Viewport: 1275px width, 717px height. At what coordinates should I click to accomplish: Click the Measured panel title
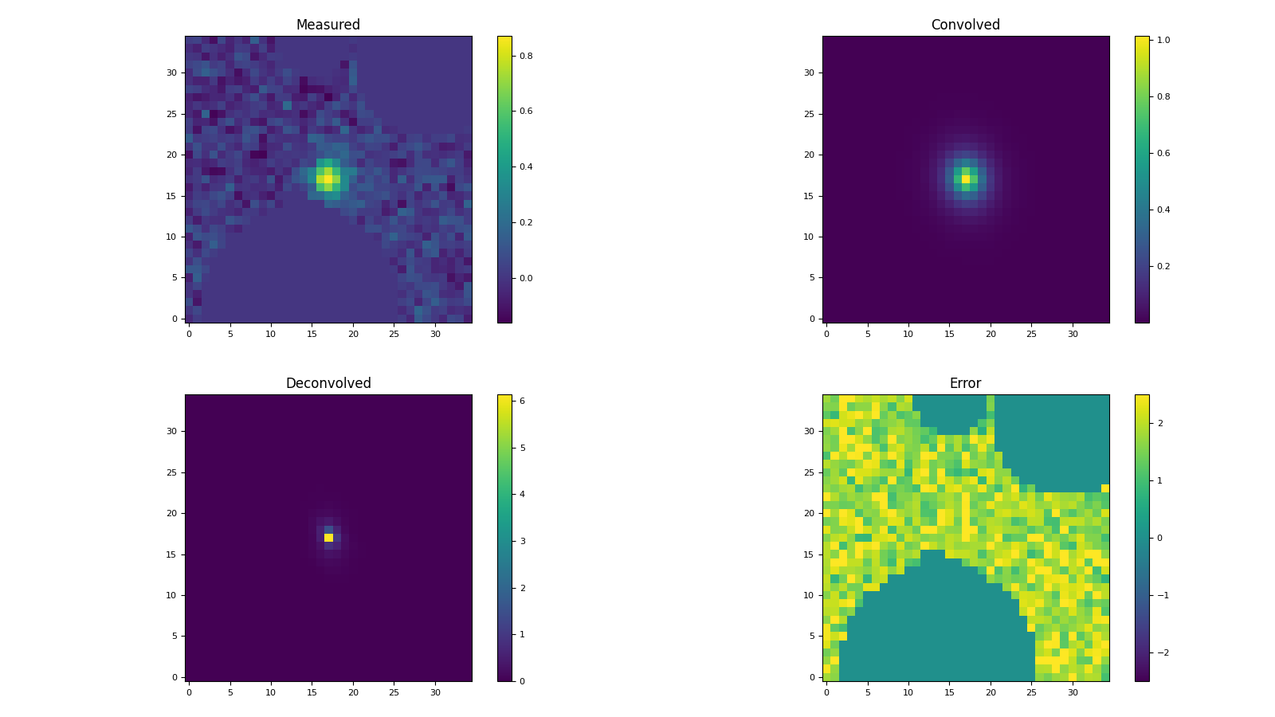click(328, 25)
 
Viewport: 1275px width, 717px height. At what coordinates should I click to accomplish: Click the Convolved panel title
click(965, 25)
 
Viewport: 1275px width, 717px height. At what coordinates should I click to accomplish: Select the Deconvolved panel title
click(328, 383)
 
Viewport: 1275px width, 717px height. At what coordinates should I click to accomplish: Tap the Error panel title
click(965, 383)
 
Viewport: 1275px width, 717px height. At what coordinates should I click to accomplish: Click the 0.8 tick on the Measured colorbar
click(526, 56)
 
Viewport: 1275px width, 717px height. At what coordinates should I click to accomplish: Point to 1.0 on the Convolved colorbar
click(1163, 40)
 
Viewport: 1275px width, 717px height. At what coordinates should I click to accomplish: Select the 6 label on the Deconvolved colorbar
click(523, 401)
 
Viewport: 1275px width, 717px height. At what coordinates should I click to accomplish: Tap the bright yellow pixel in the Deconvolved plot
click(328, 538)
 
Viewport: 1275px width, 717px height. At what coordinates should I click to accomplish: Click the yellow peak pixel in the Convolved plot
click(966, 179)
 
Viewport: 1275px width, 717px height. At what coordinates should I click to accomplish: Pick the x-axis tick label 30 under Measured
click(435, 334)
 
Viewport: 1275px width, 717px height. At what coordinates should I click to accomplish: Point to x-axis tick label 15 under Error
click(949, 692)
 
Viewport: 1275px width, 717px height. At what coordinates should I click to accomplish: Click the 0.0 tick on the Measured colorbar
click(526, 278)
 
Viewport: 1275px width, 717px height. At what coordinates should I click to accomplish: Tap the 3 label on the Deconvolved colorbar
click(523, 541)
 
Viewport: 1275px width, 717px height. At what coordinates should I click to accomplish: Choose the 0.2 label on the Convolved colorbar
click(1163, 266)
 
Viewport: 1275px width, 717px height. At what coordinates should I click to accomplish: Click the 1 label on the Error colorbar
click(1160, 480)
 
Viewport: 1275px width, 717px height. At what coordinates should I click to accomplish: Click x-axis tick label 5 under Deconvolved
click(230, 692)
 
